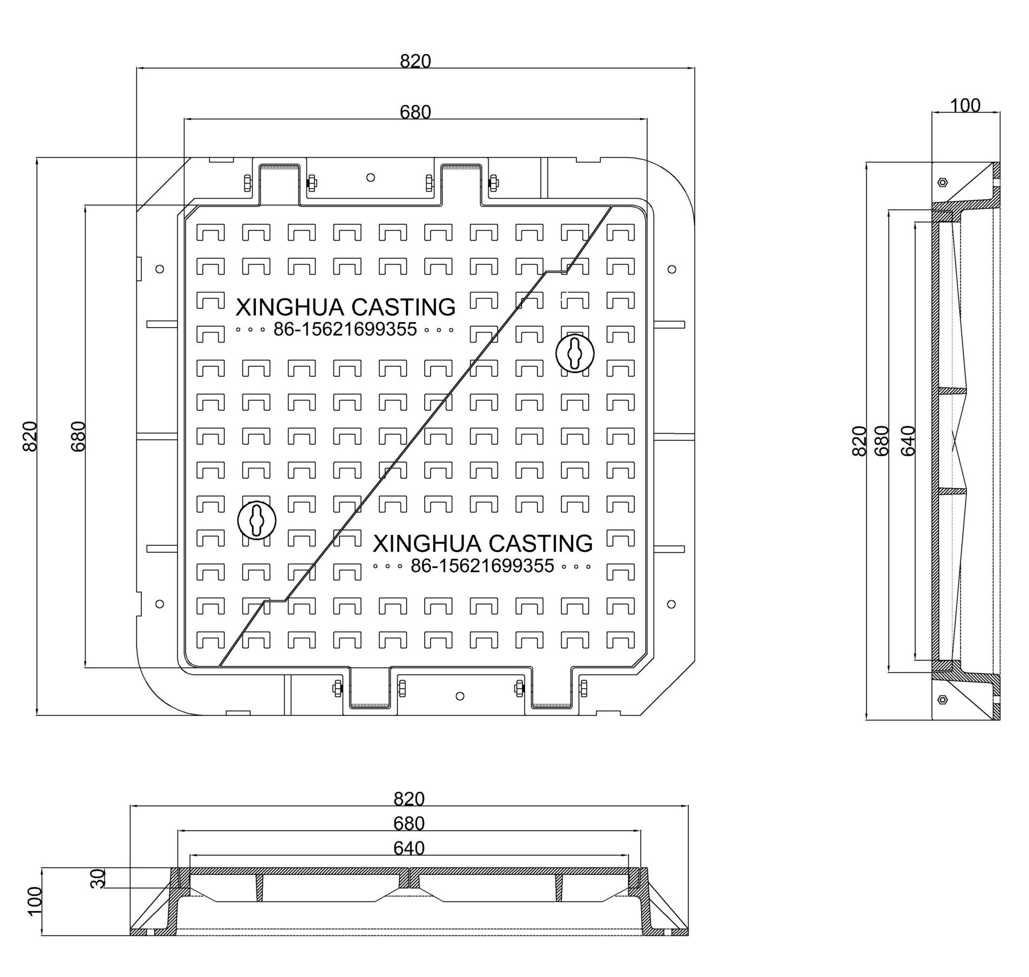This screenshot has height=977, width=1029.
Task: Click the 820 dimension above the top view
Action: click(415, 61)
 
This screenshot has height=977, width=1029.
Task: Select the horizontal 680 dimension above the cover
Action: click(415, 112)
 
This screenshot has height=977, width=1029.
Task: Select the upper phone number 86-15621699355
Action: click(345, 329)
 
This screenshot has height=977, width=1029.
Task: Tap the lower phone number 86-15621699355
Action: click(482, 566)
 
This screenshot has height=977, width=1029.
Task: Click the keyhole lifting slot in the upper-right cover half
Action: click(575, 353)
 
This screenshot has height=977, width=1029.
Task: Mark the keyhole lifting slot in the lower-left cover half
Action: click(257, 520)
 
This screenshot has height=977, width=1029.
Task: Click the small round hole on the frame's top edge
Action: click(370, 178)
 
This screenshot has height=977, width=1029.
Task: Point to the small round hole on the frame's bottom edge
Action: click(460, 696)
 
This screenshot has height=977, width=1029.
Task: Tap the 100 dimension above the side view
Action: click(965, 105)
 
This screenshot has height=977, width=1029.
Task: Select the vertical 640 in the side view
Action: click(908, 440)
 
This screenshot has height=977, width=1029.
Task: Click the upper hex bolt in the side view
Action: click(942, 182)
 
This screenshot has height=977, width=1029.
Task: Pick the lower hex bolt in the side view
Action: click(942, 699)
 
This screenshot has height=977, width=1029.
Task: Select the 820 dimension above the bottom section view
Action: click(408, 798)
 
